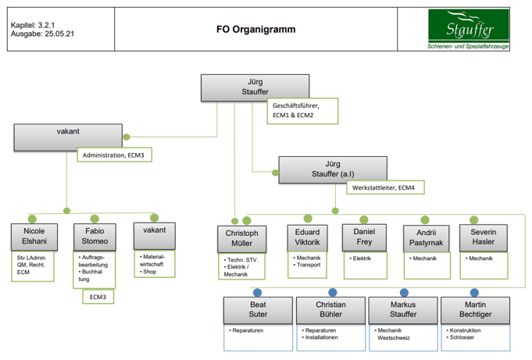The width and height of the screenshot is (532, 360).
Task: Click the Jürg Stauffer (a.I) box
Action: point(333,169)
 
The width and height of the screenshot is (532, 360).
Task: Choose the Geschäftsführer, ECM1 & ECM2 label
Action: point(302,110)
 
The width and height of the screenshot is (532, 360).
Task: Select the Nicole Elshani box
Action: point(34,237)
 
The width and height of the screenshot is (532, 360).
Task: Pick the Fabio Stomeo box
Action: point(95,237)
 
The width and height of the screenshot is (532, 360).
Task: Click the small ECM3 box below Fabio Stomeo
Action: point(98,297)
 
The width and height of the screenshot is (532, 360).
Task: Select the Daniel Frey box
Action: point(365,237)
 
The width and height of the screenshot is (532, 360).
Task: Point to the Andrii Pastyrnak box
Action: point(425,238)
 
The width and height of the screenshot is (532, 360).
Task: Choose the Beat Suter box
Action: point(258,310)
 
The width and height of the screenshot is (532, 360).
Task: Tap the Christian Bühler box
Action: point(330,310)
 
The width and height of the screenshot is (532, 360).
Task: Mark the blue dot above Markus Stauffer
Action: point(403,292)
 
